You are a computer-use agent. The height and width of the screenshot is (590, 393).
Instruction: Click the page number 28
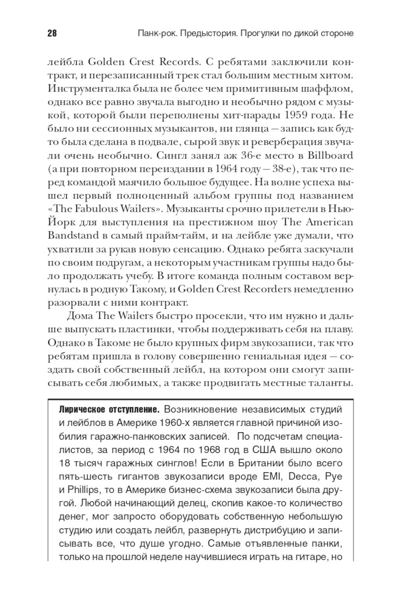click(x=52, y=33)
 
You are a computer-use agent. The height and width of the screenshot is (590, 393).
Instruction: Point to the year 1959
click(x=303, y=116)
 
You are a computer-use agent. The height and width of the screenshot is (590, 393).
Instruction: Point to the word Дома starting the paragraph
click(x=80, y=316)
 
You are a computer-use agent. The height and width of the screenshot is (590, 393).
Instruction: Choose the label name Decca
click(x=304, y=476)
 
